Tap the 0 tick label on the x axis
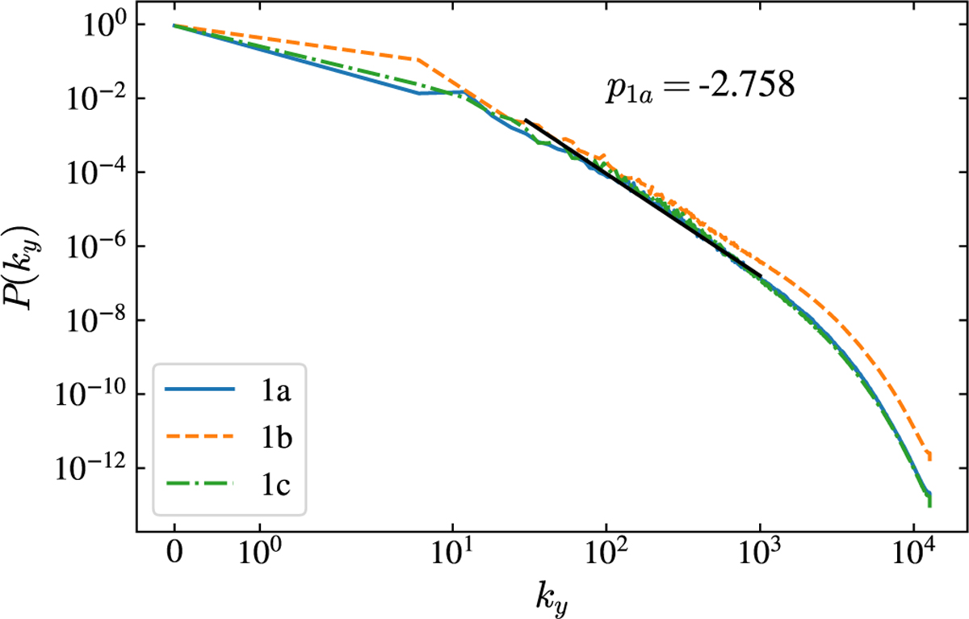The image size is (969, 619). [174, 557]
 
